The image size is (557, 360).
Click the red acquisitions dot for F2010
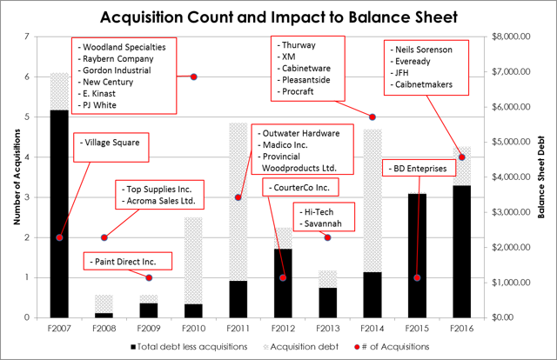[x=194, y=77]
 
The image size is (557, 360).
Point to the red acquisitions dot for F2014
[x=372, y=117]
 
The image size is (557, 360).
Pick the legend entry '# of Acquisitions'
[x=400, y=346]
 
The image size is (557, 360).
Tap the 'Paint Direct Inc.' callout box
[x=127, y=260]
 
